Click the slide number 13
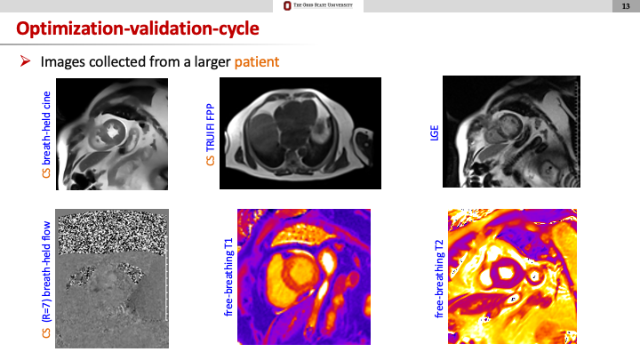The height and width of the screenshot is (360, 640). pyautogui.click(x=626, y=6)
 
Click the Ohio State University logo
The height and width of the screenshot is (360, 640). pyautogui.click(x=318, y=5)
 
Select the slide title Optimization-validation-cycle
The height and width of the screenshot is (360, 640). pyautogui.click(x=138, y=28)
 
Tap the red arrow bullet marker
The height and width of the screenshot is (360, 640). pyautogui.click(x=25, y=61)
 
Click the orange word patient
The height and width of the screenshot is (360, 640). pyautogui.click(x=257, y=61)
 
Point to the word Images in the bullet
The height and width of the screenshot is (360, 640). pyautogui.click(x=63, y=62)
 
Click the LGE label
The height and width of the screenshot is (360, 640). pyautogui.click(x=435, y=133)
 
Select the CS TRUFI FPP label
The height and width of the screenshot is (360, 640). pyautogui.click(x=210, y=135)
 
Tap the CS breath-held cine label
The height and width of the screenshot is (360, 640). pyautogui.click(x=46, y=135)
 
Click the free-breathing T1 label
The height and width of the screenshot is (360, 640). pyautogui.click(x=228, y=277)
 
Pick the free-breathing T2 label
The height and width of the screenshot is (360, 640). pyautogui.click(x=439, y=279)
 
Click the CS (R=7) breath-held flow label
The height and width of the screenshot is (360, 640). pyautogui.click(x=46, y=280)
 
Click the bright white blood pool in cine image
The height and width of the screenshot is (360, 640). pyautogui.click(x=112, y=132)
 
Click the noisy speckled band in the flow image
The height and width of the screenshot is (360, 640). pyautogui.click(x=113, y=234)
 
